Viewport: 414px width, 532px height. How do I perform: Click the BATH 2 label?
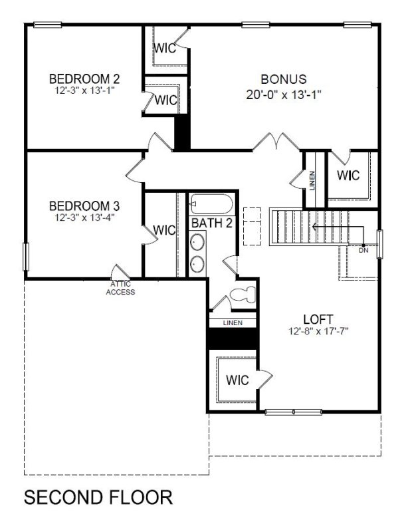point(211,223)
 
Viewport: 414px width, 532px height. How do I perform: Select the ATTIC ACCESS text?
point(120,288)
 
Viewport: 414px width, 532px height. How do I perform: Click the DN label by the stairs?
point(363,251)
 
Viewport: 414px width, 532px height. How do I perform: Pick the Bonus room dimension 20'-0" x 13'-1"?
point(283,94)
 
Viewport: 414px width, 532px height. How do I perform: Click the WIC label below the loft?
point(237,380)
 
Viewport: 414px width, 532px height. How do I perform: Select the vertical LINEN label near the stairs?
point(312,180)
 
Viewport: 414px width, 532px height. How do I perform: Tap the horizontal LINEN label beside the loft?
point(232,323)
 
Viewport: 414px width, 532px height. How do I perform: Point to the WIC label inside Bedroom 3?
point(163,230)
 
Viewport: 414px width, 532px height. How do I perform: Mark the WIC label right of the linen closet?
point(348,176)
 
